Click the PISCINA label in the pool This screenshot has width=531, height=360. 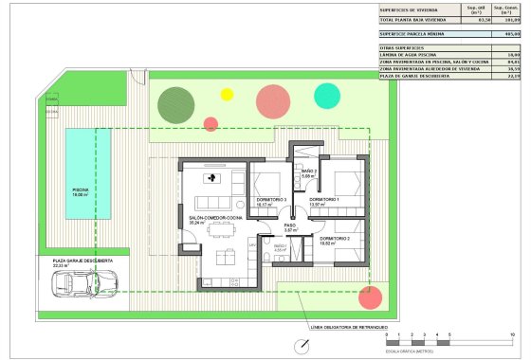(x=82, y=189)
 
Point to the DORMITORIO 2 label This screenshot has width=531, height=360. (x=335, y=238)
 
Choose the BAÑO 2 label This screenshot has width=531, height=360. (x=308, y=172)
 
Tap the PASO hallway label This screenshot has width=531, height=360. (x=291, y=225)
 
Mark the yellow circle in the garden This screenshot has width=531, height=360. (x=227, y=94)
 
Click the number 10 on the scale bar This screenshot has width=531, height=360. (x=512, y=336)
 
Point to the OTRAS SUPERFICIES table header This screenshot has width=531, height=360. (x=402, y=46)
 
